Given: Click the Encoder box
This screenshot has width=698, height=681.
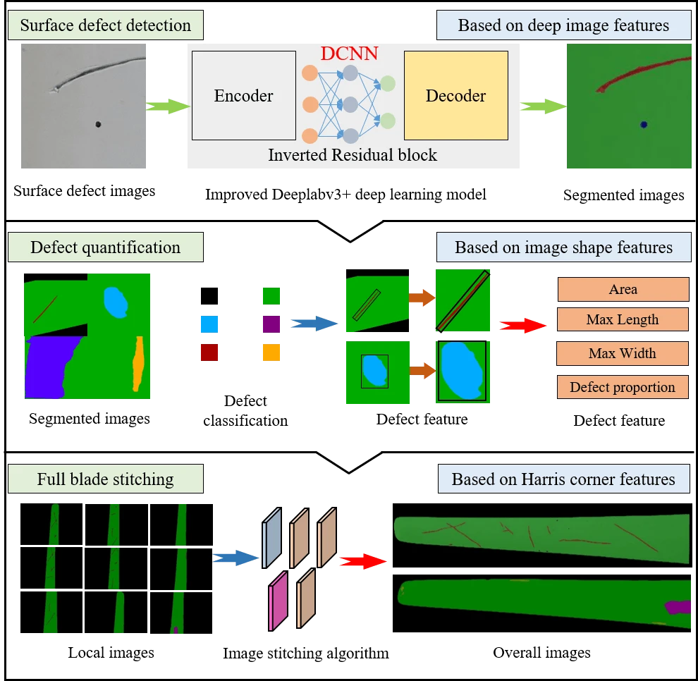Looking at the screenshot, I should pyautogui.click(x=243, y=97).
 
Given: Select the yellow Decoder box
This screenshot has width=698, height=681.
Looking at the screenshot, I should pyautogui.click(x=455, y=97).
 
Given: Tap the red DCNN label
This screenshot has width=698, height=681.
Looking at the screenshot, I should pyautogui.click(x=349, y=54).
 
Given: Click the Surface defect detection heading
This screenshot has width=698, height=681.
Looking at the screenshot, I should pyautogui.click(x=105, y=26).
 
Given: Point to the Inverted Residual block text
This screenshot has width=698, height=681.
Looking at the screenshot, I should pyautogui.click(x=353, y=155).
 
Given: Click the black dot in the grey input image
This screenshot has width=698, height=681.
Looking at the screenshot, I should pyautogui.click(x=98, y=125).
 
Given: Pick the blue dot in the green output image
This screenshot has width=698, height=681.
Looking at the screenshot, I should pyautogui.click(x=644, y=125).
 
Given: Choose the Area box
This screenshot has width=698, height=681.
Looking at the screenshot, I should pyautogui.click(x=623, y=289).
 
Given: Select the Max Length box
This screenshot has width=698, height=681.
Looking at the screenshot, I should pyautogui.click(x=622, y=320).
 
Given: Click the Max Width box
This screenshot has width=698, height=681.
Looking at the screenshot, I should pyautogui.click(x=622, y=353).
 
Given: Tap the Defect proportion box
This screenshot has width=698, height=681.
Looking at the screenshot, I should pyautogui.click(x=622, y=387).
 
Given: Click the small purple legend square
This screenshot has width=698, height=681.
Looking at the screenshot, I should pyautogui.click(x=271, y=324).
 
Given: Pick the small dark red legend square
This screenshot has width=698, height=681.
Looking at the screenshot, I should pyautogui.click(x=209, y=352).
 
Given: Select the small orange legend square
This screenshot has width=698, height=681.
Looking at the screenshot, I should pyautogui.click(x=271, y=352).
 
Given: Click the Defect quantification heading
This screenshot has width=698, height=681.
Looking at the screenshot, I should pyautogui.click(x=105, y=248).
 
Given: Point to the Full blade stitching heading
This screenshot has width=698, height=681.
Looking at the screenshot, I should pyautogui.click(x=105, y=480).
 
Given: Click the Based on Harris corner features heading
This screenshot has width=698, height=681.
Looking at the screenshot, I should pyautogui.click(x=563, y=479).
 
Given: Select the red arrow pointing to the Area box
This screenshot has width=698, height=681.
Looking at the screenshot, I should pyautogui.click(x=522, y=326).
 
